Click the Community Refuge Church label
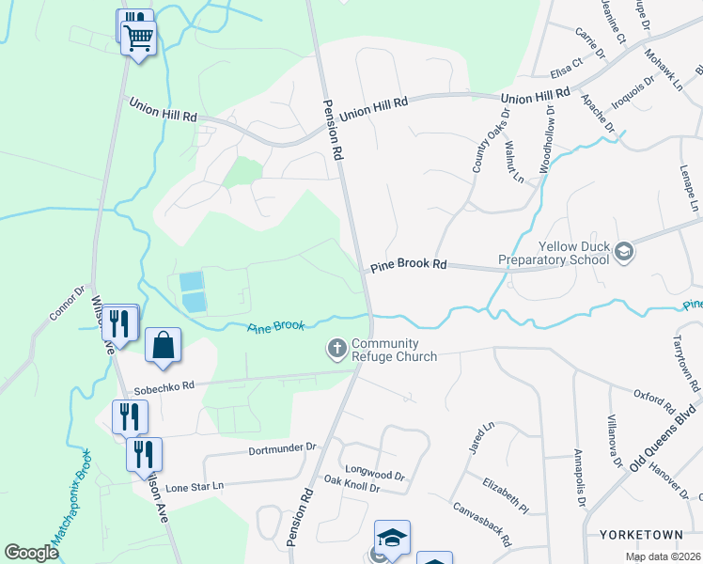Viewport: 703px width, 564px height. coord(394,350)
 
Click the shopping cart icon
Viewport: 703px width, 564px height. coord(139,39)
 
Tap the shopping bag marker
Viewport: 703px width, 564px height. coord(164,345)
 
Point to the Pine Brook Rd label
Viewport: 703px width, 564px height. coord(408,265)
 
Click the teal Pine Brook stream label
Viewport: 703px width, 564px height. coord(276,326)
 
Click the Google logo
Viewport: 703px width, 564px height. coord(31,552)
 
